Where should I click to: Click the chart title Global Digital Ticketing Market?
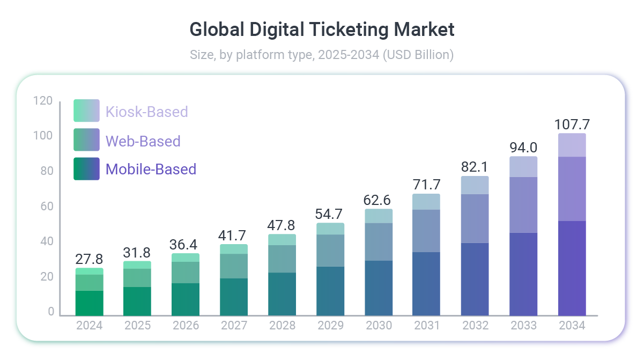point(322,30)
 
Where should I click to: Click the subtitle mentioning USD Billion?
point(322,55)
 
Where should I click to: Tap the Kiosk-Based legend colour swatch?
point(86,111)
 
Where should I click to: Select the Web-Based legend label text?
point(143,141)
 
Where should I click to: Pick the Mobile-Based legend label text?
point(151,169)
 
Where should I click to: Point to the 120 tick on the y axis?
point(43,101)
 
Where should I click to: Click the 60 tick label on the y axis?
point(46,207)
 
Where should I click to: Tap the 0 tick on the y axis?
point(51,312)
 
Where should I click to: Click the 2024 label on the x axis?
point(89,326)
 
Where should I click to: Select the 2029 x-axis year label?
point(330,326)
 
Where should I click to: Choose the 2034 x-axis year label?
point(572,326)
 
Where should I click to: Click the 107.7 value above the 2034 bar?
point(572,125)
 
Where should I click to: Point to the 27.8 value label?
point(89,259)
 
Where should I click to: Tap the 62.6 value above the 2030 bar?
point(379,200)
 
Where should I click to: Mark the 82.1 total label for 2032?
point(475,167)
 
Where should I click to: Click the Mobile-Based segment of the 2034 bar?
point(572,268)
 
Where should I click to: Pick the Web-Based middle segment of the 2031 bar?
point(427,231)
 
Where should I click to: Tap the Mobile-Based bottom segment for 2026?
point(186,299)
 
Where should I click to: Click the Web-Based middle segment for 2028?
point(282,259)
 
